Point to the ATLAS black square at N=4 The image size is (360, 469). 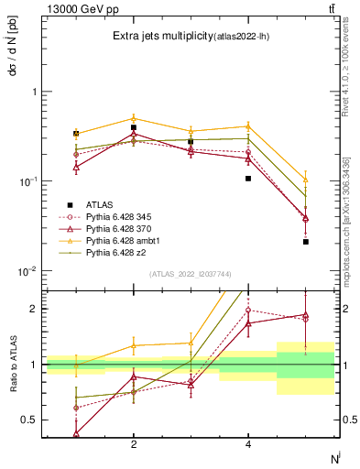[x=248, y=179]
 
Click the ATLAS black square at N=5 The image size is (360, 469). [x=305, y=242]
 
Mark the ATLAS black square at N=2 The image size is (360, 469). [x=134, y=127]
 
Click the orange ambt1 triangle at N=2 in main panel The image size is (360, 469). [x=134, y=118]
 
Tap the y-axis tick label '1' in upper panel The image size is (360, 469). [x=34, y=92]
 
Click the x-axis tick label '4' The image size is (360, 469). [x=248, y=444]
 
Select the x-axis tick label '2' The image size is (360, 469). [x=134, y=444]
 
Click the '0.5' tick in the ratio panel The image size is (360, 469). [x=29, y=420]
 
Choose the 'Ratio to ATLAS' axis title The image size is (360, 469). [x=11, y=364]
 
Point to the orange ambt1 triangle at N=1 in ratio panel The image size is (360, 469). [x=76, y=366]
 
